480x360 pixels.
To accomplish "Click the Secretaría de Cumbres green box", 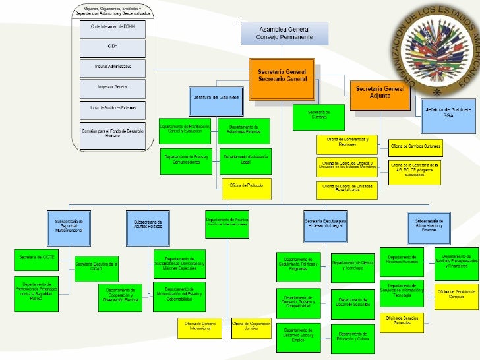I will coord(318,114).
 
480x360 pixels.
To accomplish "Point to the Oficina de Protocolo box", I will coord(246,186).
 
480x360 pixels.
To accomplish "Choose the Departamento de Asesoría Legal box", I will coord(246,160).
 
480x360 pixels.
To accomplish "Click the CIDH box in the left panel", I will coord(113,46).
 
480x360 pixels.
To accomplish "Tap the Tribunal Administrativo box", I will coord(113,67).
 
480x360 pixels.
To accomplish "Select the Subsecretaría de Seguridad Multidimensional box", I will coord(69,225).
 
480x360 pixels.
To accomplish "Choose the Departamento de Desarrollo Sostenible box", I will coord(353,301).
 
